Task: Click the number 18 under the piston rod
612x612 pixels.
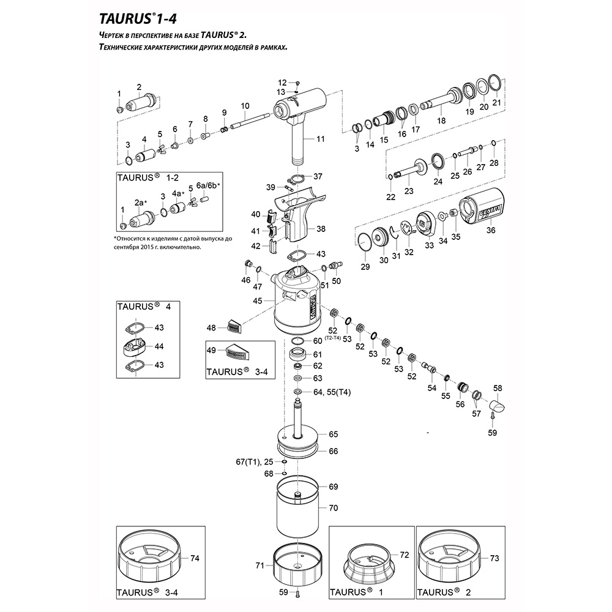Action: pos(441,121)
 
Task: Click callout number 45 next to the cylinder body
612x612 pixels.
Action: pos(258,300)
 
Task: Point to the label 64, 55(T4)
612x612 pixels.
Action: pos(335,392)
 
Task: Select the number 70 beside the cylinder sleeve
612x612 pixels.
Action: pos(333,508)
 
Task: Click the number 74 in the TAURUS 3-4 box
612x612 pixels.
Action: pos(195,558)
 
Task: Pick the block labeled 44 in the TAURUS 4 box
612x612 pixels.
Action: pos(136,346)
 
